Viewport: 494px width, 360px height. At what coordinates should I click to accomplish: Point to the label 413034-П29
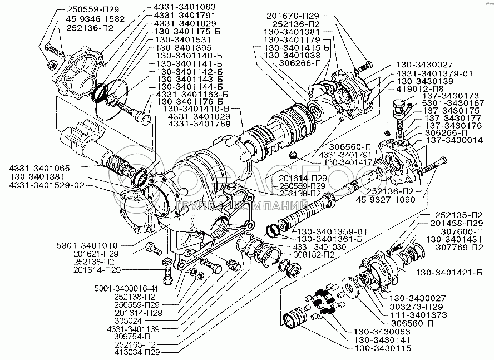[x=133, y=353]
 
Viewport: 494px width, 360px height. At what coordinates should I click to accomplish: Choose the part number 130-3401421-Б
[x=444, y=272]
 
